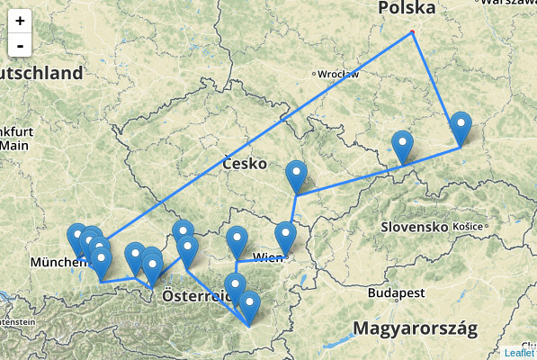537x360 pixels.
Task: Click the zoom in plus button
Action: pos(20,20)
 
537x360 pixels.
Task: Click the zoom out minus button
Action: pos(20,44)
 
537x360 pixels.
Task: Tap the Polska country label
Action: pos(407,8)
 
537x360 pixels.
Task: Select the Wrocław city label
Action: pos(338,74)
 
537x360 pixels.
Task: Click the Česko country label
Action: pos(244,164)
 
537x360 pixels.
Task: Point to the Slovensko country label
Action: pos(415,227)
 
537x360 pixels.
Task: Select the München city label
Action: pos(58,262)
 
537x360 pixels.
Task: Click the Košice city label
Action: pos(468,226)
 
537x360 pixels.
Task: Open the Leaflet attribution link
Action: pos(519,353)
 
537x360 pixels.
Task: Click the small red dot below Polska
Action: pos(412,33)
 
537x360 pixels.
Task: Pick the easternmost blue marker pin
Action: pos(461,126)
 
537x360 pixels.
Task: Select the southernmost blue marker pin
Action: pos(249,306)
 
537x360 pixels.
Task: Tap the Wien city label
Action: pos(268,258)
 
